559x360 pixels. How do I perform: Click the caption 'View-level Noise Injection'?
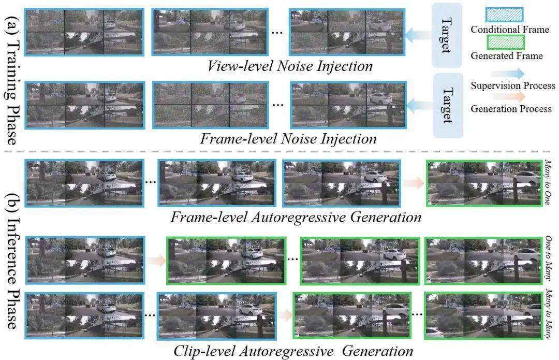tap(290, 66)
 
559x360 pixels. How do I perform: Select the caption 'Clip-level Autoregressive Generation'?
tap(292, 351)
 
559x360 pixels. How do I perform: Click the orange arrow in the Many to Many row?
tap(284, 314)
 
